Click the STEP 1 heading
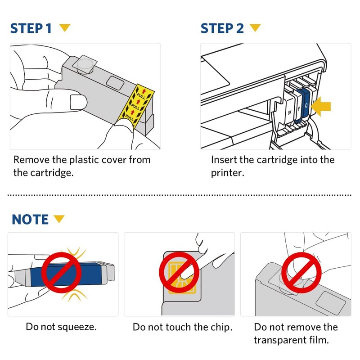pos(31,28)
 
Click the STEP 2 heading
pos(222,28)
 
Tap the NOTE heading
pos(30,220)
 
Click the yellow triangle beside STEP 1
pos(65,28)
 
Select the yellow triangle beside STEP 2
pos(256,28)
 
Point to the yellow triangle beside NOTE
pos(59,219)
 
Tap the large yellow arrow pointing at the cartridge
pos(322,106)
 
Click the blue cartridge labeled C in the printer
pos(307,103)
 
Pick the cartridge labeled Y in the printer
pos(298,107)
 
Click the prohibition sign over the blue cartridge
pos(62,272)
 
